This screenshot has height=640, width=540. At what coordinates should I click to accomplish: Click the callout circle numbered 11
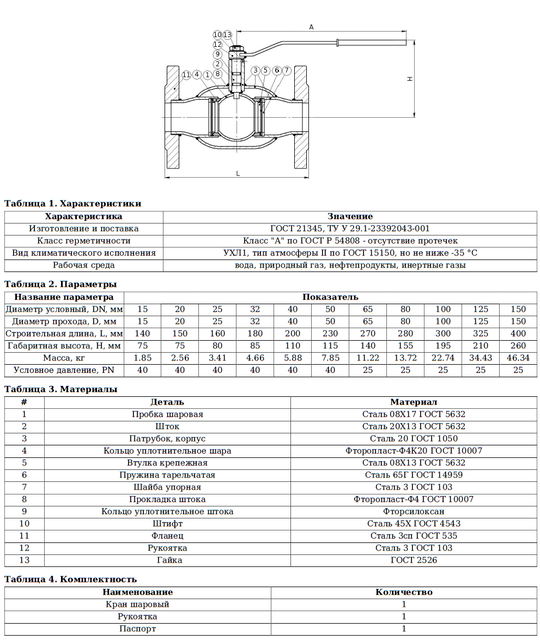pos(186,75)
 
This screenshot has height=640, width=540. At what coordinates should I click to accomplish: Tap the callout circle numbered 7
pos(287,70)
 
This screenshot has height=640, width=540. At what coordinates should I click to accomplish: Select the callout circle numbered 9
pos(217,54)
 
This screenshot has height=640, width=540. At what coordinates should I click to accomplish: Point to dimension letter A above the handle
pos(311,27)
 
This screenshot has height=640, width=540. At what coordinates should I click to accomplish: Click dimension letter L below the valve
pos(238,173)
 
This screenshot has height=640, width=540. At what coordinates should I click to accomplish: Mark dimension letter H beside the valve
pos(410,79)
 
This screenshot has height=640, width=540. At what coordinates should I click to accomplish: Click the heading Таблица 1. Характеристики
pos(73,204)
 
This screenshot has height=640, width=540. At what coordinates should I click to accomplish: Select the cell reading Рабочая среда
pos(83,265)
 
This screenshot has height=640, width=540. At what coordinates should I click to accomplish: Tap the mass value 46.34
pos(518,358)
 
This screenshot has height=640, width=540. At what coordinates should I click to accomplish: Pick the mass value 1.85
pos(142,358)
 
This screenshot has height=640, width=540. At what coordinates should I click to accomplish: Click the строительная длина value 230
pos(330,333)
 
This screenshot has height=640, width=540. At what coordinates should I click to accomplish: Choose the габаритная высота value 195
pos(443,346)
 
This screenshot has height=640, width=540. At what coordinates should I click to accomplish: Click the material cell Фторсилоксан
pos(414,511)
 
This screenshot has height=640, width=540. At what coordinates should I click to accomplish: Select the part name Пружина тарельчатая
pos(167,475)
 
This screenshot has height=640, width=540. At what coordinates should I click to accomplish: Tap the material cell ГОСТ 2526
pos(414,560)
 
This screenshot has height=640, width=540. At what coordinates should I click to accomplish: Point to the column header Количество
pos(404,592)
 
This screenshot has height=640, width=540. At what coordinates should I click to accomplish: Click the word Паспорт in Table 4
pos(137,629)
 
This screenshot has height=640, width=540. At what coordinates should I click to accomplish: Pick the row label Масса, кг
pos(64,358)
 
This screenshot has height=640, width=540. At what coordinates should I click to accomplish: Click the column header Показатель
pos(330,297)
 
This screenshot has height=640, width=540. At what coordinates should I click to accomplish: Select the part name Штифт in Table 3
pos(167,523)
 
